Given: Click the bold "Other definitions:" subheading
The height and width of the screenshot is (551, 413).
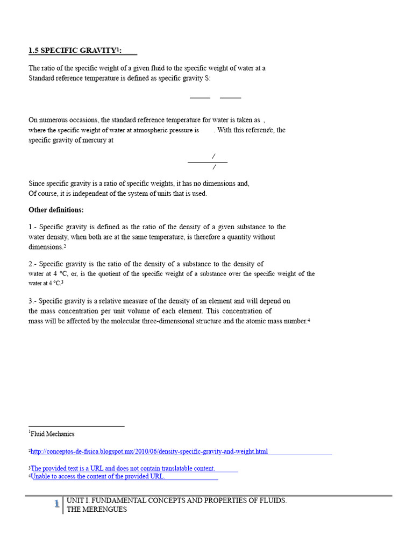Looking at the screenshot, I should pos(56,210).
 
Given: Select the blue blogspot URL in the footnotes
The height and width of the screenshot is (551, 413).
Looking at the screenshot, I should pos(149,451).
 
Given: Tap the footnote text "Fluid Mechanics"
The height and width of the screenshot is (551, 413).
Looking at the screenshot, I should pos(52,434).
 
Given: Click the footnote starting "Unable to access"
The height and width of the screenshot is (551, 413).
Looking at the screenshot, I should pos(98,476).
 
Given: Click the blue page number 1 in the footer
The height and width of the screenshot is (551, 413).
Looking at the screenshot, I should pos(56,504).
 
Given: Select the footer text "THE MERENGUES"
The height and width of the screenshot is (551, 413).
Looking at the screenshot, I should pos(97,509).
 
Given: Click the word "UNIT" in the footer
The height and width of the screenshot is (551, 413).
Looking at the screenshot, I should pos(75,500).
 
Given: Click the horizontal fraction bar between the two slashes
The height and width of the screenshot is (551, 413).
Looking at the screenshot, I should pos(207,161).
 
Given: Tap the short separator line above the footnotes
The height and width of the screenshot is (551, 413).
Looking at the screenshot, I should pos(76,426).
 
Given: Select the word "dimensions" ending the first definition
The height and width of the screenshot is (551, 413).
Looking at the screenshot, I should pos(46,247).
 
